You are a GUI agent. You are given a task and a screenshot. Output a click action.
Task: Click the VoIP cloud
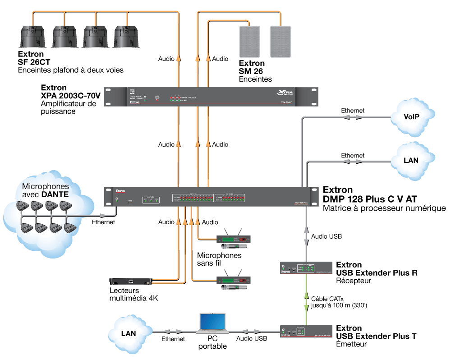pos(411,117)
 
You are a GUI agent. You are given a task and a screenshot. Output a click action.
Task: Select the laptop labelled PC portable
pos(212,322)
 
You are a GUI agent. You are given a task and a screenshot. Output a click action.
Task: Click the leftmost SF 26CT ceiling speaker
pos(32,37)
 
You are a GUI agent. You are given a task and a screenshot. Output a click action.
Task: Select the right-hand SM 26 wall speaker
pos(281,41)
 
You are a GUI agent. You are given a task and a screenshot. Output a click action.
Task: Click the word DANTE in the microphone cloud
pos(55,194)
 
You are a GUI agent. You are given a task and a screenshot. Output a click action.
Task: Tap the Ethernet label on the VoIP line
pos(353,110)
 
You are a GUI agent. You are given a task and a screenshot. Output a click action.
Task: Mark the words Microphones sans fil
pos(219,259)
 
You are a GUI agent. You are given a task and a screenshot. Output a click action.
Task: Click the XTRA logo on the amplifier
pos(285,92)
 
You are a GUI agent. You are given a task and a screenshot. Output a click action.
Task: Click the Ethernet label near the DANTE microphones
pos(103,222)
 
